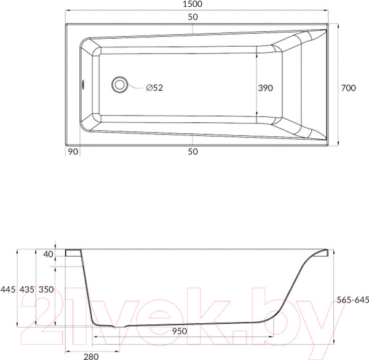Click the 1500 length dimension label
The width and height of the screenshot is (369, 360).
pos(192,4)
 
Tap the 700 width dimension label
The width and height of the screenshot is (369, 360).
pos(348,88)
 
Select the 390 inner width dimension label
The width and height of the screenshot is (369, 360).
pos(266,88)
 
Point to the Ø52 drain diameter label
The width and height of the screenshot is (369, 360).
pos(154,88)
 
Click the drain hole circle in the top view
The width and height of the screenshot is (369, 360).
pos(119,84)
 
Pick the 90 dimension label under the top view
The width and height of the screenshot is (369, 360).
pos(73,152)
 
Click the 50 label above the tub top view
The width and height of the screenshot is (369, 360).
pos(192,17)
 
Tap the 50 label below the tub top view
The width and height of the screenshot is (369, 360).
pos(192,152)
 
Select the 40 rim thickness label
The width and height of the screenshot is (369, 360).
pos(48,254)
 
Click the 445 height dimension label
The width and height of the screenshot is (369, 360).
pos(8,289)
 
